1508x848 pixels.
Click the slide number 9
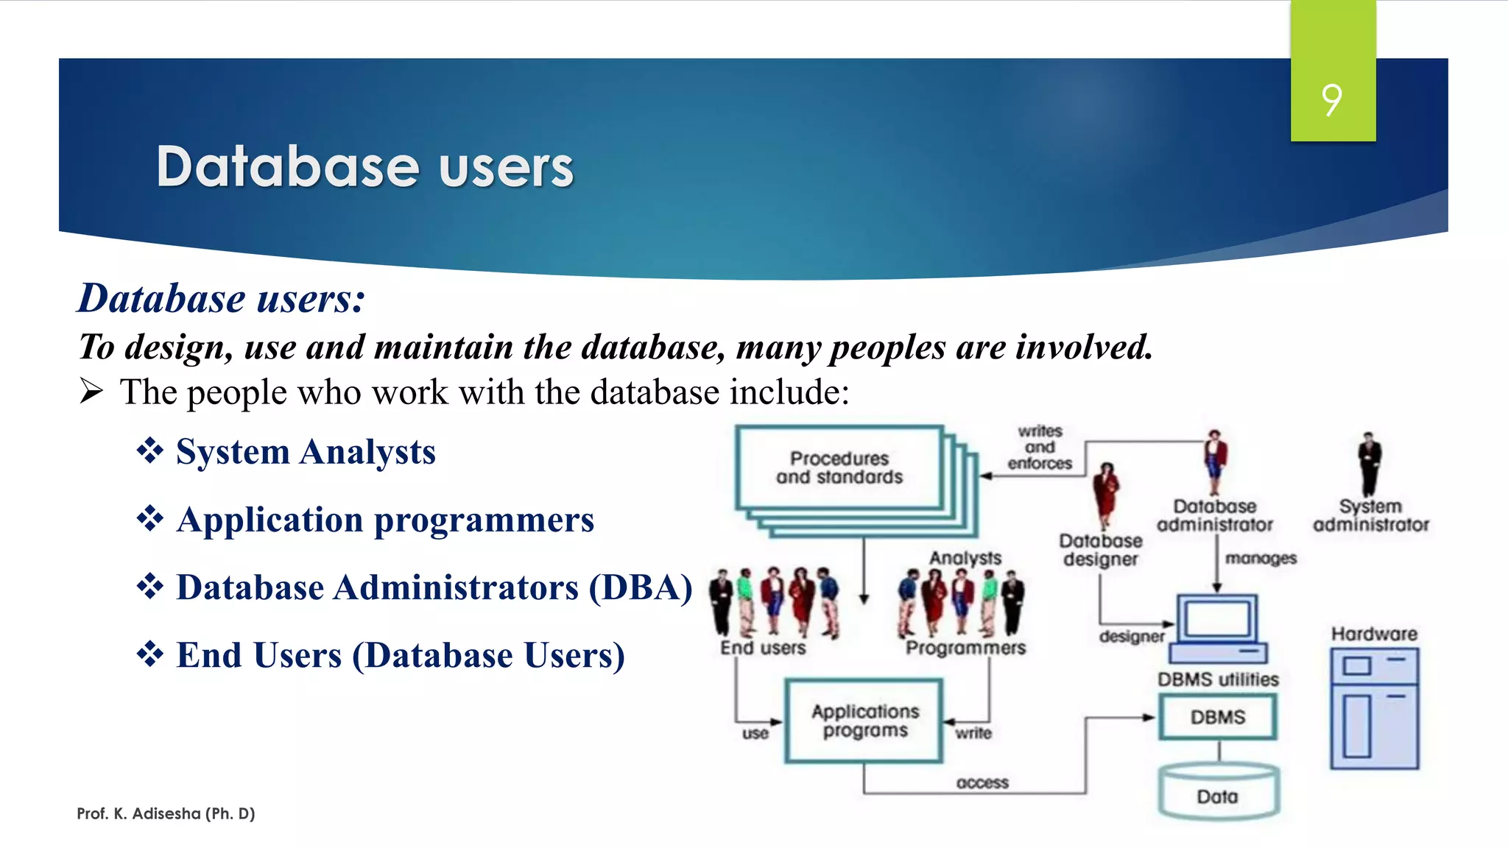pyautogui.click(x=1331, y=100)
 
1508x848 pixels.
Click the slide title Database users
pyautogui.click(x=364, y=167)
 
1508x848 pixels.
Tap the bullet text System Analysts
pyautogui.click(x=305, y=452)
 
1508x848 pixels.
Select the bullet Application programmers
pyautogui.click(x=384, y=520)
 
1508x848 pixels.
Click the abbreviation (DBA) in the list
pyautogui.click(x=640, y=587)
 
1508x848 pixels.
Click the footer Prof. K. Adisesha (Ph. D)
pyautogui.click(x=166, y=813)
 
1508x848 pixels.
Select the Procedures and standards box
pyautogui.click(x=839, y=467)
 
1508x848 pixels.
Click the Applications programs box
pyautogui.click(x=864, y=721)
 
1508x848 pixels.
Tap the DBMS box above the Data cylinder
pyautogui.click(x=1218, y=717)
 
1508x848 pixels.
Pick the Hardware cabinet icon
pyautogui.click(x=1374, y=708)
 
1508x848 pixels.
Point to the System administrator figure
pyautogui.click(x=1370, y=464)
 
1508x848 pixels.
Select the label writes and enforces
pyautogui.click(x=1040, y=448)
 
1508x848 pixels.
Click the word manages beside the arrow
pyautogui.click(x=1261, y=559)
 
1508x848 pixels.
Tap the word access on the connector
pyautogui.click(x=982, y=783)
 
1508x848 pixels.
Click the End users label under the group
pyautogui.click(x=763, y=648)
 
